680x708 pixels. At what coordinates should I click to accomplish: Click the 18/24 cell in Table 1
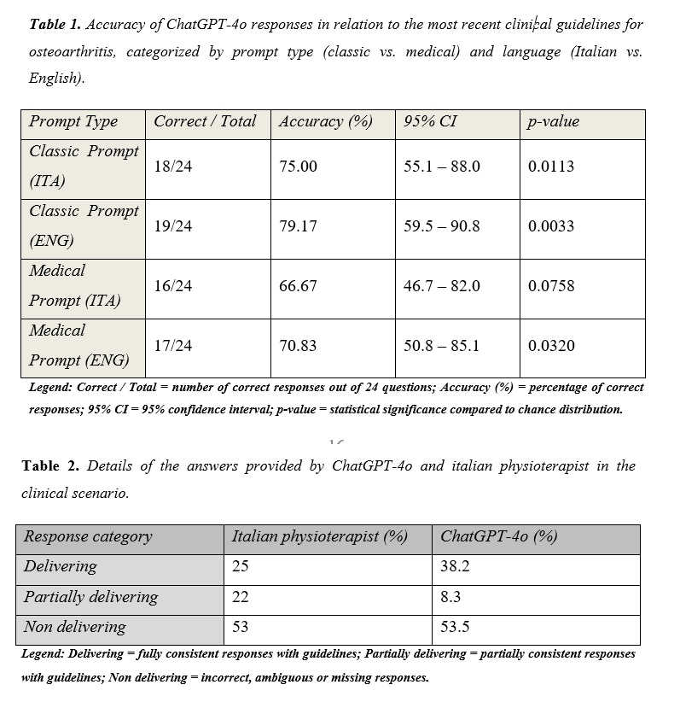click(173, 167)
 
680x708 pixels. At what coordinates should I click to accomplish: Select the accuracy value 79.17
click(298, 226)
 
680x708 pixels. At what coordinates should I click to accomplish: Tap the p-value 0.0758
click(551, 286)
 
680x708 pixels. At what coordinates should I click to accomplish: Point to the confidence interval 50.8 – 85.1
click(441, 346)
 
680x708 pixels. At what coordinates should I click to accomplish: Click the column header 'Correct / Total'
click(205, 121)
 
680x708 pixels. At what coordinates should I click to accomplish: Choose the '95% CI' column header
click(430, 121)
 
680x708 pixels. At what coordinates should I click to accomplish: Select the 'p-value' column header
click(554, 121)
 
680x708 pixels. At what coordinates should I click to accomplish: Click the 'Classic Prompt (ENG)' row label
click(84, 225)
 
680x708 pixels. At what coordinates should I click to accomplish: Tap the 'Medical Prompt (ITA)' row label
click(75, 285)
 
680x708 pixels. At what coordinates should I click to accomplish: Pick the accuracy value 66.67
click(298, 286)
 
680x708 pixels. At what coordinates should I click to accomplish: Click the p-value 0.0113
click(551, 167)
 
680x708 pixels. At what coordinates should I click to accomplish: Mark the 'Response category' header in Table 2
click(88, 536)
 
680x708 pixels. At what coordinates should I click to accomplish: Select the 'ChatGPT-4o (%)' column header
click(499, 536)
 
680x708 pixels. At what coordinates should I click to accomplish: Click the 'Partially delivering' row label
click(90, 597)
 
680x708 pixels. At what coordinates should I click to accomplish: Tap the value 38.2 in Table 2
click(455, 566)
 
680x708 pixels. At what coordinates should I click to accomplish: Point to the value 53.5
click(455, 627)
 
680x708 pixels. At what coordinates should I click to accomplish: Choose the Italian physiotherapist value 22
click(241, 597)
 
